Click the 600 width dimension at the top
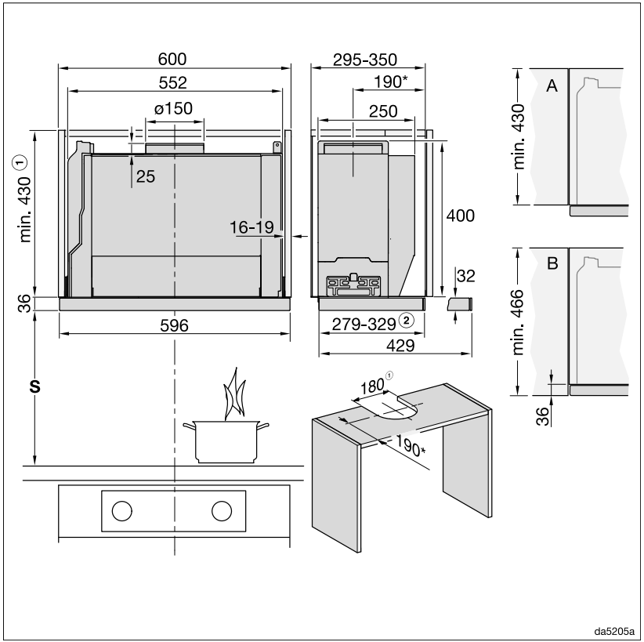173,60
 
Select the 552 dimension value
173,81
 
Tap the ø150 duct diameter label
173,108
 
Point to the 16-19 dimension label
251,227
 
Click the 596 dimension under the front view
173,325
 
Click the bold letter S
34,386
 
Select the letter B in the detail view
552,264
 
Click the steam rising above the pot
233,396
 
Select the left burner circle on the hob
121,510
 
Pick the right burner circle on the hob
223,510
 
